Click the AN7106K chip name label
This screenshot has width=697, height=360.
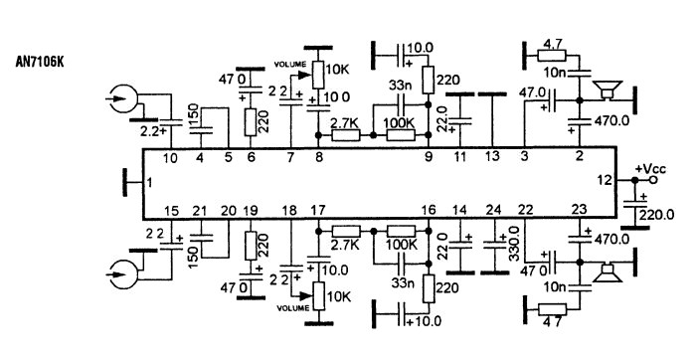pos(40,62)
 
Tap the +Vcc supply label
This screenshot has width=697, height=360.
pos(651,169)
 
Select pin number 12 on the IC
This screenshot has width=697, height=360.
pos(605,180)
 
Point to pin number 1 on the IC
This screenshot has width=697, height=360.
pos(149,182)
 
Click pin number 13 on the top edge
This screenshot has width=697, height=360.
pos(492,156)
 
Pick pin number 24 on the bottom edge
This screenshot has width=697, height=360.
pos(493,209)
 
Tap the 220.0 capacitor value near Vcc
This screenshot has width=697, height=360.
pos(656,215)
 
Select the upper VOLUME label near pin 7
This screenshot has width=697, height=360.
pos(290,65)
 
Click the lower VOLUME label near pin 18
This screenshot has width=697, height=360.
pos(292,308)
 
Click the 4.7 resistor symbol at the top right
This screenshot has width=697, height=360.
pos(552,55)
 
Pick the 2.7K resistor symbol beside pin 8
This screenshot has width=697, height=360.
pos(345,135)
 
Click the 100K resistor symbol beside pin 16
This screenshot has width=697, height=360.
pos(402,231)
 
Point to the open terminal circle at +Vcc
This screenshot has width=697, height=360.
pos(652,180)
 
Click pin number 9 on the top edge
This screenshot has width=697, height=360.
pos(429,156)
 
